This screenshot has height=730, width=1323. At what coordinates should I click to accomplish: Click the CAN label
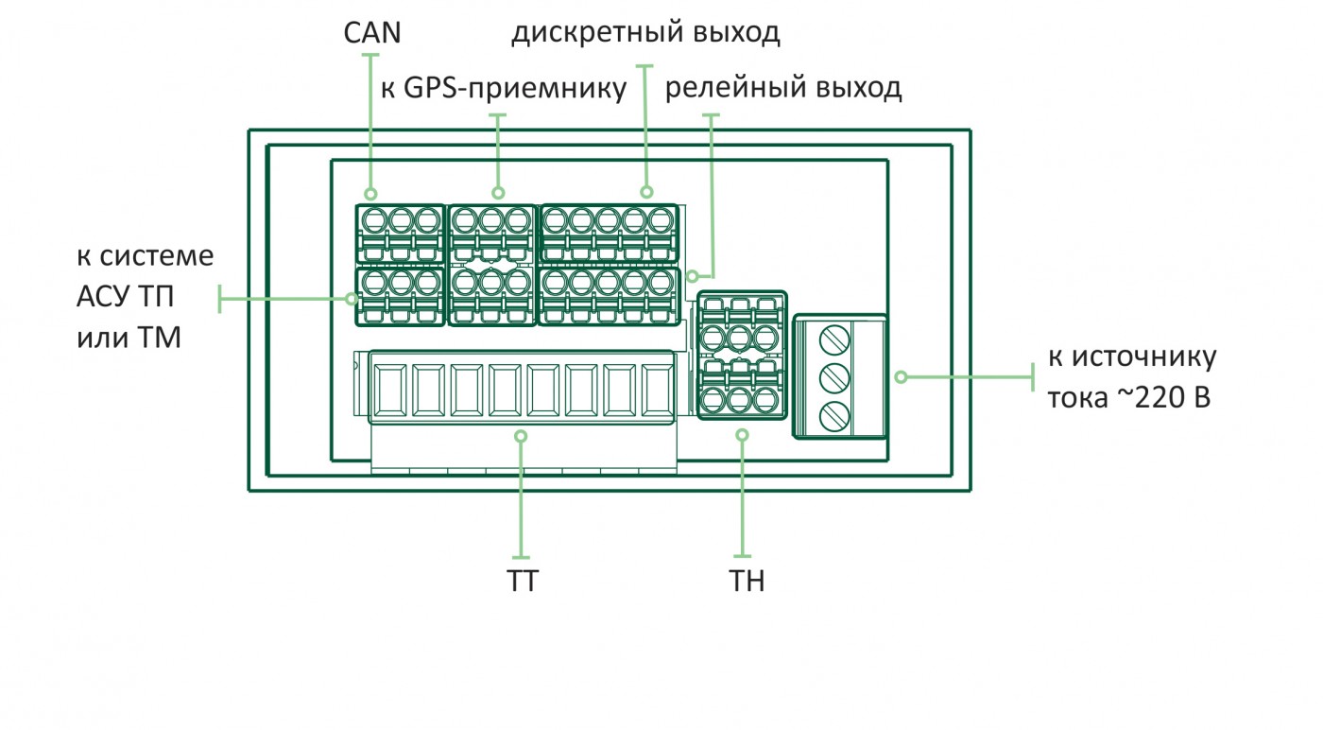[x=371, y=33]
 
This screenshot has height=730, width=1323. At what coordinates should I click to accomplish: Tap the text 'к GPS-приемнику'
[x=504, y=89]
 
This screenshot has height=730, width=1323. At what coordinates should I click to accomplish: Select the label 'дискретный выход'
[x=645, y=34]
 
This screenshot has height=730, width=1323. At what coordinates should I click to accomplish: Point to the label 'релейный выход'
[x=783, y=89]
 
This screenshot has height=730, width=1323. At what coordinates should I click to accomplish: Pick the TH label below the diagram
[x=747, y=581]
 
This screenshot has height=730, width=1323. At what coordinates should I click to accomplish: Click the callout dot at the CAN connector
[x=370, y=192]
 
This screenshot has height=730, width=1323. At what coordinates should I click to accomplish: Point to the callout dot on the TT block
[x=521, y=435]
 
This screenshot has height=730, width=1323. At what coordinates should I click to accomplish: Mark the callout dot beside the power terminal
[x=901, y=376]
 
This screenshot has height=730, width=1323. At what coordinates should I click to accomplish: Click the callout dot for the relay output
[x=694, y=277]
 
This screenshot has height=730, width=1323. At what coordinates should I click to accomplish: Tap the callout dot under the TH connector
[x=742, y=435]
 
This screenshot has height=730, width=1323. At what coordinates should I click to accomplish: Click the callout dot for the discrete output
[x=645, y=192]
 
